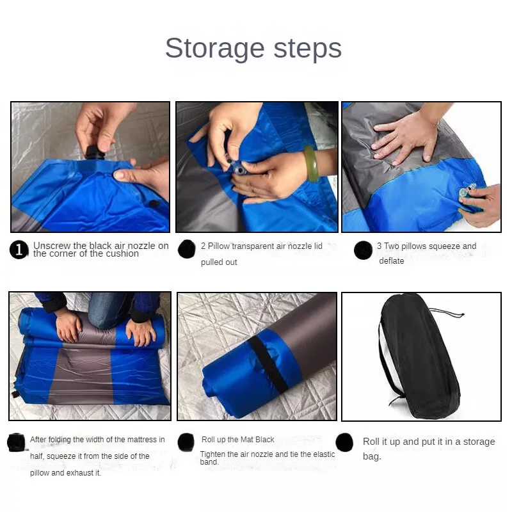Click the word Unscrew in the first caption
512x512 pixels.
pyautogui.click(x=52, y=246)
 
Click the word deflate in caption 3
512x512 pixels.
pyautogui.click(x=391, y=260)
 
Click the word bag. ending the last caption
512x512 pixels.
pyautogui.click(x=372, y=456)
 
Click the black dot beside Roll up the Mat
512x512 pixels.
pyautogui.click(x=186, y=442)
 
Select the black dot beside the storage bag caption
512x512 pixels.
pyautogui.click(x=344, y=442)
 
